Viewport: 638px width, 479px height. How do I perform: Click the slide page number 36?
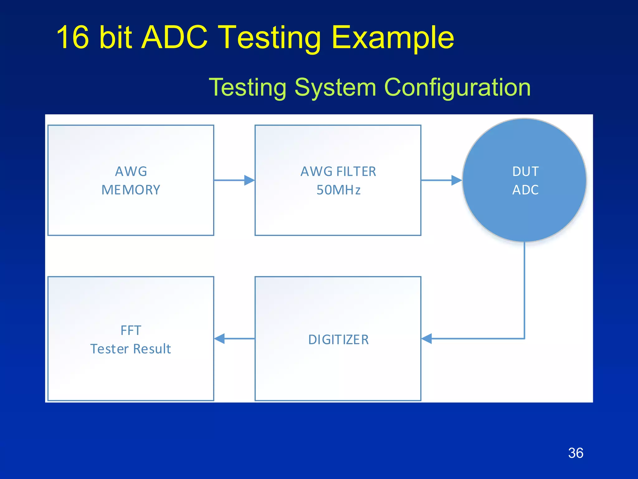[x=575, y=453]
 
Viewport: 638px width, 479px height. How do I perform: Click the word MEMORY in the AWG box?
[x=131, y=190]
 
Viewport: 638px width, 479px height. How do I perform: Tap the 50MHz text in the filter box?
[x=338, y=190]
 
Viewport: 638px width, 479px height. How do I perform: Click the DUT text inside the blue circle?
[x=525, y=172]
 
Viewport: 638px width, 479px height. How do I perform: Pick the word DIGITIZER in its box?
[x=338, y=340]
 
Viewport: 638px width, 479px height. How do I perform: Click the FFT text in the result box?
[x=131, y=330]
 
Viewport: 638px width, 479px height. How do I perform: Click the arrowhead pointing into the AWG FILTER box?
[x=249, y=180]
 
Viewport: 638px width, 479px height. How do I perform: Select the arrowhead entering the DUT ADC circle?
[x=456, y=180]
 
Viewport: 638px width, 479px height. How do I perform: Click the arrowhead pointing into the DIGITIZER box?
[x=427, y=338]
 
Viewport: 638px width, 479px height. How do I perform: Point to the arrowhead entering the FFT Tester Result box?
[x=220, y=338]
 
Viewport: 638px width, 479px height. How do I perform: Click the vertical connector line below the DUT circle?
[x=525, y=290]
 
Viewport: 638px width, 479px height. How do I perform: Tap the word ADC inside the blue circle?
[x=525, y=190]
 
